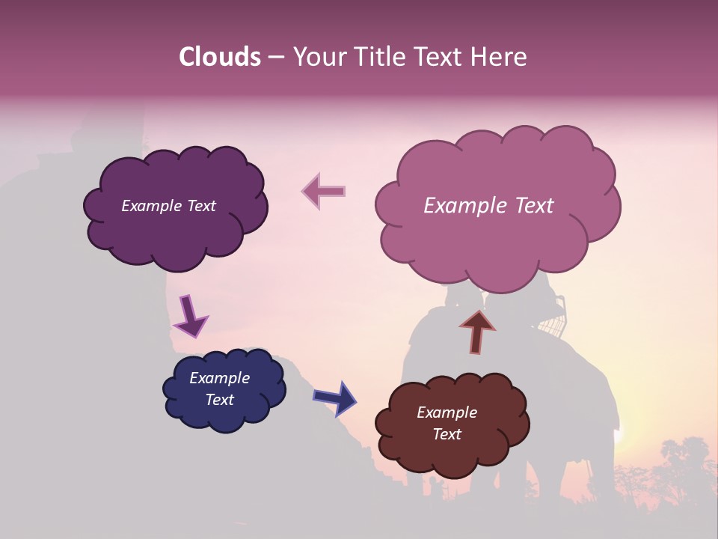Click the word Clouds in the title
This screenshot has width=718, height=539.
pos(220,57)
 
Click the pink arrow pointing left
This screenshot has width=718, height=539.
pos(323,191)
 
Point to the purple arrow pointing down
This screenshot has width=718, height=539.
pos(191,316)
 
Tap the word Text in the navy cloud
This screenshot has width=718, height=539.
pos(220,400)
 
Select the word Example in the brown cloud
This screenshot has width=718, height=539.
pos(447,412)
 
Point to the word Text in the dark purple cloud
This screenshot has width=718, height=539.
pos(200,206)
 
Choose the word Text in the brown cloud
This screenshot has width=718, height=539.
pos(447,434)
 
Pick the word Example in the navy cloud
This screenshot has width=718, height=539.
pos(220,378)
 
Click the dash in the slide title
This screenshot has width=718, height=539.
pos(275,57)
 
